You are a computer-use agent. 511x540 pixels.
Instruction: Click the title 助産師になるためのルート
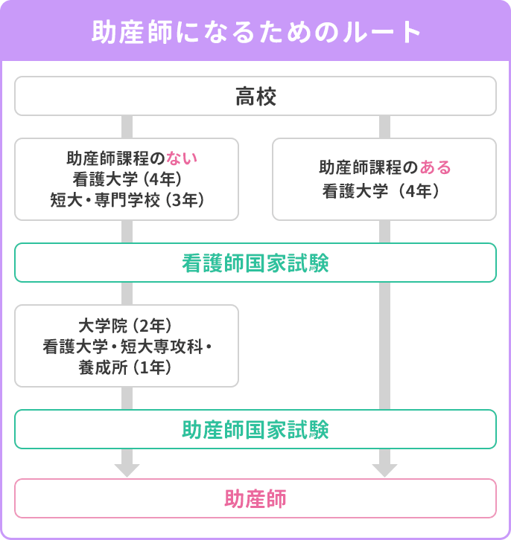coord(256,32)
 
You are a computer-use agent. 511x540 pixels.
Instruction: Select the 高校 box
coord(256,97)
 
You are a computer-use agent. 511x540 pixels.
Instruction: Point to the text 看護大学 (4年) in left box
coord(127,179)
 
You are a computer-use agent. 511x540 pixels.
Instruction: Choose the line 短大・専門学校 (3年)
coord(127,199)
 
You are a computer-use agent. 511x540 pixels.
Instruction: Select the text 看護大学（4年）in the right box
coord(384,190)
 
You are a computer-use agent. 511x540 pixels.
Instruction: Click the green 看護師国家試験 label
coord(256,263)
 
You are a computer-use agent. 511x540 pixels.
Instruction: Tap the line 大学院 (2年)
coord(126,326)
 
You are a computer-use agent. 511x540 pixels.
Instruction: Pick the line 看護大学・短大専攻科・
coord(127,346)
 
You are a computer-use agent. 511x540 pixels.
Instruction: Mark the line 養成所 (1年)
coord(126,366)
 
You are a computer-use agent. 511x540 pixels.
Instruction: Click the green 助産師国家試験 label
coord(256,430)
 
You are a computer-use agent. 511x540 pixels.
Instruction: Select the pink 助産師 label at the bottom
coord(256,498)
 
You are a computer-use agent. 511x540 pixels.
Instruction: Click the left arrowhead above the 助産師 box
coord(127,469)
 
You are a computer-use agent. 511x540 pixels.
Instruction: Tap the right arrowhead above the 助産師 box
coord(384,469)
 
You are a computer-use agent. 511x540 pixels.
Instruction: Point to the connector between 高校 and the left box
coord(127,126)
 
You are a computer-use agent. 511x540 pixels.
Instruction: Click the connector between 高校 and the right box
coord(384,126)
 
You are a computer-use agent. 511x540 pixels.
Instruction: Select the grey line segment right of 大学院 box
coord(384,346)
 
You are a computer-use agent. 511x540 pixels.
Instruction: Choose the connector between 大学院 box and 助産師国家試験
coord(127,398)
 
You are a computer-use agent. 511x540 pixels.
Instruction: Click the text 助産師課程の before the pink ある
coord(369,167)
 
